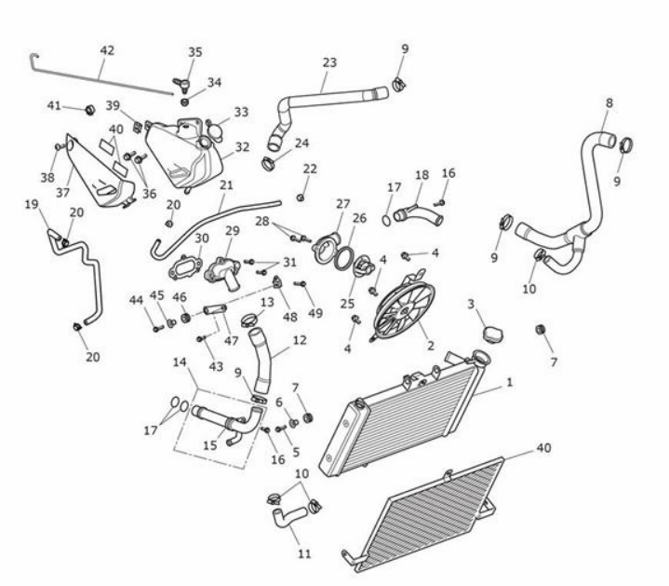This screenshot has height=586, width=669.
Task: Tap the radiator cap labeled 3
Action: [x=492, y=334]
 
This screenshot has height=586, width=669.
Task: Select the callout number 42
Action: [x=107, y=50]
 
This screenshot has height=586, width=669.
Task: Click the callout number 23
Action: [x=329, y=62]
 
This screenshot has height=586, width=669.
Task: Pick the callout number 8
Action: [x=609, y=102]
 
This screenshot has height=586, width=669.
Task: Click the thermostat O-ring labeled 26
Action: [x=343, y=258]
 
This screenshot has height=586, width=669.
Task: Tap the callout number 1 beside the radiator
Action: [x=509, y=382]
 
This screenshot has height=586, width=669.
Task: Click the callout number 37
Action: [x=62, y=193]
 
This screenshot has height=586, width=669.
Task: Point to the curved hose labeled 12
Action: [x=261, y=361]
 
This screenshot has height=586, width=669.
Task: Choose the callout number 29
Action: [x=233, y=231]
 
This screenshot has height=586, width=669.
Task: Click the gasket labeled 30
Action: [x=185, y=268]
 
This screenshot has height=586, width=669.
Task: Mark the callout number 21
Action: [x=226, y=185]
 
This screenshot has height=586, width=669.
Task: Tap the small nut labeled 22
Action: [x=301, y=198]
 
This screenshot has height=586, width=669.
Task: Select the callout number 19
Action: [x=31, y=204]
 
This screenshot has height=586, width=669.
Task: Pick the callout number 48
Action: [x=289, y=317]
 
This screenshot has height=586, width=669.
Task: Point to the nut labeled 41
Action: [x=89, y=110]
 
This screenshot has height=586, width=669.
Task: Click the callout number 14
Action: [x=180, y=362]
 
